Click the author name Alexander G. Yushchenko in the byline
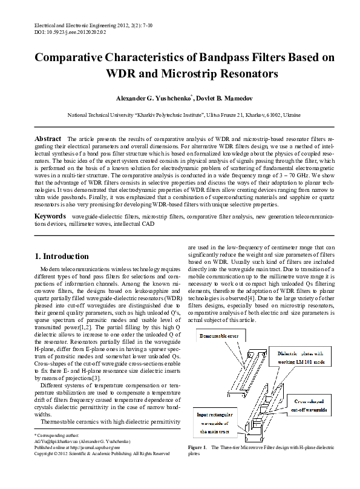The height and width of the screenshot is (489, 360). pyautogui.click(x=154, y=98)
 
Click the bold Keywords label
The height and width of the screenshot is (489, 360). pyautogui.click(x=50, y=216)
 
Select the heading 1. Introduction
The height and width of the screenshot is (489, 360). pyautogui.click(x=62, y=256)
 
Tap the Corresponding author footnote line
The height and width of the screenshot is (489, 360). pyautogui.click(x=56, y=435)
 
